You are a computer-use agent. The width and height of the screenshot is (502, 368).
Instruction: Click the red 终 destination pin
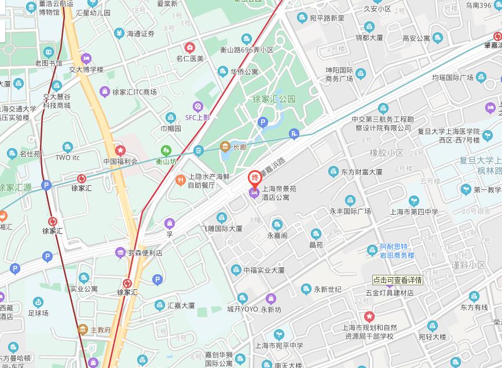click(x=254, y=178)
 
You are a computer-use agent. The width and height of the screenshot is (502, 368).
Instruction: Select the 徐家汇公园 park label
click(x=274, y=99)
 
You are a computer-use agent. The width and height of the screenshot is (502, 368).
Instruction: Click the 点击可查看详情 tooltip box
click(x=397, y=280)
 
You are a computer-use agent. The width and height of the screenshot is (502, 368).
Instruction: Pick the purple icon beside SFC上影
click(x=198, y=106)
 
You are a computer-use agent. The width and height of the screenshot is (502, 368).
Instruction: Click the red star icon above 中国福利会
click(x=120, y=150)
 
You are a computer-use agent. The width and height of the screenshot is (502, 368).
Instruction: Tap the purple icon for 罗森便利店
click(x=120, y=252)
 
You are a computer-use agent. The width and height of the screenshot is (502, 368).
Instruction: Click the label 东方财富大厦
click(x=361, y=172)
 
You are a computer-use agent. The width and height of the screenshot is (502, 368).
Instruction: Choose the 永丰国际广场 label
click(x=350, y=211)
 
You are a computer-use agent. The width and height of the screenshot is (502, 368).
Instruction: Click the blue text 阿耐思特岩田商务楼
click(x=397, y=251)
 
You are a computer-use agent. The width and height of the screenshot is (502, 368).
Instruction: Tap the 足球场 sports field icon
click(x=38, y=302)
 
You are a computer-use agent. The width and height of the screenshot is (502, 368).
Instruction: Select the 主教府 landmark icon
click(x=83, y=330)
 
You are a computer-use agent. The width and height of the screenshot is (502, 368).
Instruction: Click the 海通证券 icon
click(x=119, y=34)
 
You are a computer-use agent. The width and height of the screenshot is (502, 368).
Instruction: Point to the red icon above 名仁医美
click(x=189, y=47)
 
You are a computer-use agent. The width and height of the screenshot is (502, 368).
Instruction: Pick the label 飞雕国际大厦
click(x=222, y=229)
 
